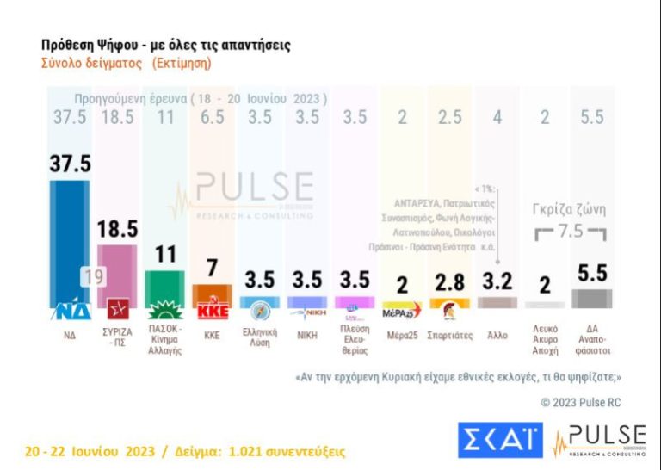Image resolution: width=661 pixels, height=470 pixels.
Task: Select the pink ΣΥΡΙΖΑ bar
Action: pyautogui.click(x=117, y=271)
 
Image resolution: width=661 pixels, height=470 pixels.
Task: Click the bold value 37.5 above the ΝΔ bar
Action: pyautogui.click(x=70, y=163)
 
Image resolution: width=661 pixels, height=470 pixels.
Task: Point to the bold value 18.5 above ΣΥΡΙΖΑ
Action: pyautogui.click(x=117, y=228)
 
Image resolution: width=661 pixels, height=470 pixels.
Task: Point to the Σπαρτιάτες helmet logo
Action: pyautogui.click(x=448, y=310)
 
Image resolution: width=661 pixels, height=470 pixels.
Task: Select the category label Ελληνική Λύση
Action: pyautogui.click(x=259, y=337)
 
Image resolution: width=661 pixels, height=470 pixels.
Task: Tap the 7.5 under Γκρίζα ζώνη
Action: pyautogui.click(x=569, y=232)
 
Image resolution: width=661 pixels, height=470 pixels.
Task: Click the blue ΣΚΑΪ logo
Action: pyautogui.click(x=500, y=441)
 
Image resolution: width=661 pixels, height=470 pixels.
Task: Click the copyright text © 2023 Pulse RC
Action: pyautogui.click(x=580, y=402)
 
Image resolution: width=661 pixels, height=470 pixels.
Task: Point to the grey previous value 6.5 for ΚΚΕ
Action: pyautogui.click(x=212, y=117)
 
